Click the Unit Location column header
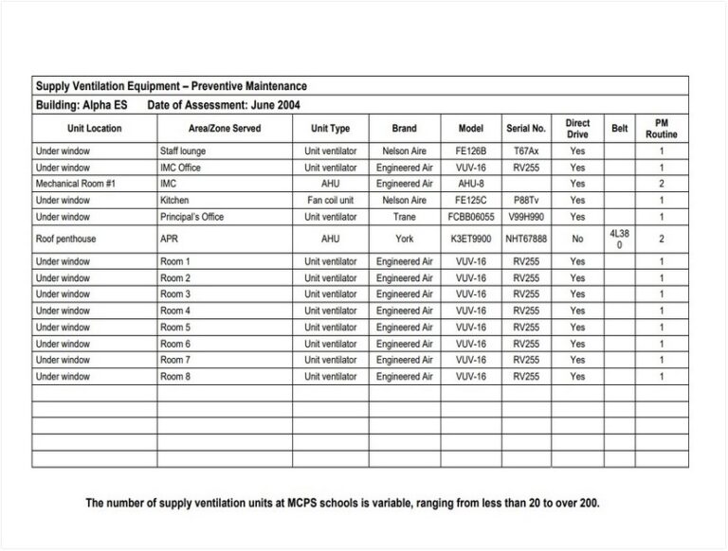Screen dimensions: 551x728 click(94, 129)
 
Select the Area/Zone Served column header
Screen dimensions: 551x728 click(224, 129)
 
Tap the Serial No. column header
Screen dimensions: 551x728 click(526, 129)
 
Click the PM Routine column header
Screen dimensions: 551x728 click(661, 129)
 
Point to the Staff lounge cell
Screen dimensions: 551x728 click(183, 151)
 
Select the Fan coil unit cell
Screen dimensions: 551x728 click(330, 201)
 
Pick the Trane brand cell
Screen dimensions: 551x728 click(405, 217)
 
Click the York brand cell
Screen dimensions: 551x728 click(405, 240)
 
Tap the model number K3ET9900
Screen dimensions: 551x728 click(471, 240)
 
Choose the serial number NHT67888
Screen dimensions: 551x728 click(526, 240)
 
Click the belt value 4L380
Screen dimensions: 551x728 click(619, 239)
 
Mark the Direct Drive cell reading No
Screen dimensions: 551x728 click(577, 240)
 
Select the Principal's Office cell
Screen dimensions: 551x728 click(192, 217)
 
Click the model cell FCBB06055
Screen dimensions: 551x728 click(471, 217)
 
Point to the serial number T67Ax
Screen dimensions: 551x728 click(526, 151)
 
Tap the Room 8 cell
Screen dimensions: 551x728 click(175, 377)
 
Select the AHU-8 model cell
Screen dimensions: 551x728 click(471, 184)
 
